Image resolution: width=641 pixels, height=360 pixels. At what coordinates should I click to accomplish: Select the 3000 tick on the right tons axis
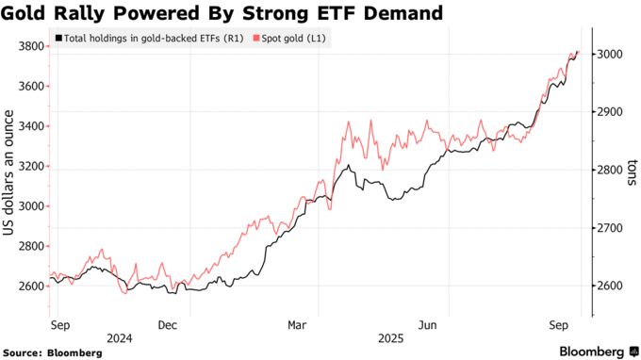[x=611, y=55]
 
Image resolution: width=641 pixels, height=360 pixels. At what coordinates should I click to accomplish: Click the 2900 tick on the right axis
[x=611, y=112]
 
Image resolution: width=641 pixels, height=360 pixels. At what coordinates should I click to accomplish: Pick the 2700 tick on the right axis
[x=611, y=228]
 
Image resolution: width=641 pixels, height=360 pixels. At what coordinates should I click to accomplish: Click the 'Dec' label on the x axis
[x=168, y=323]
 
